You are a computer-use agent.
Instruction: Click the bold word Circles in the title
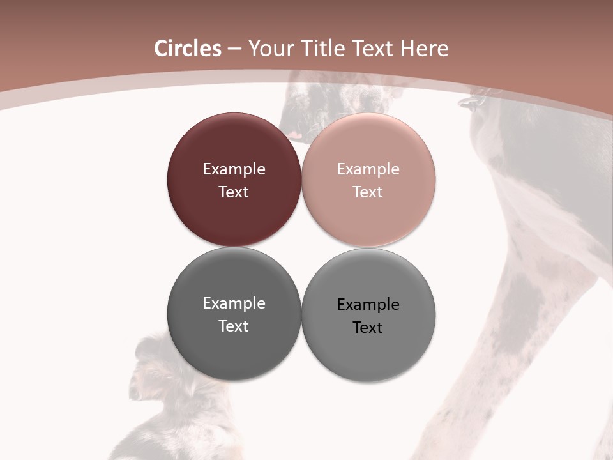(x=188, y=49)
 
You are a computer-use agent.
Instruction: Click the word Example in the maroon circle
(x=234, y=169)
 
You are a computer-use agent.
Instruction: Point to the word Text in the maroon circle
(x=234, y=192)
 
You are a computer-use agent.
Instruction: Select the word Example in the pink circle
(x=368, y=169)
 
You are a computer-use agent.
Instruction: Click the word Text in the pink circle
(x=368, y=192)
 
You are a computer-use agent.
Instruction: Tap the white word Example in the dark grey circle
(x=234, y=303)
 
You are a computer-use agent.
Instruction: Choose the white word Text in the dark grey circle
(x=234, y=326)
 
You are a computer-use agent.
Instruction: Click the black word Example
(x=368, y=305)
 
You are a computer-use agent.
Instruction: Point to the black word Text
(x=368, y=328)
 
